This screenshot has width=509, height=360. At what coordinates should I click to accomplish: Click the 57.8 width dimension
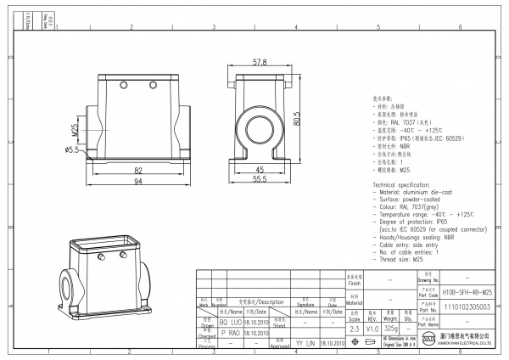click(x=260, y=63)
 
